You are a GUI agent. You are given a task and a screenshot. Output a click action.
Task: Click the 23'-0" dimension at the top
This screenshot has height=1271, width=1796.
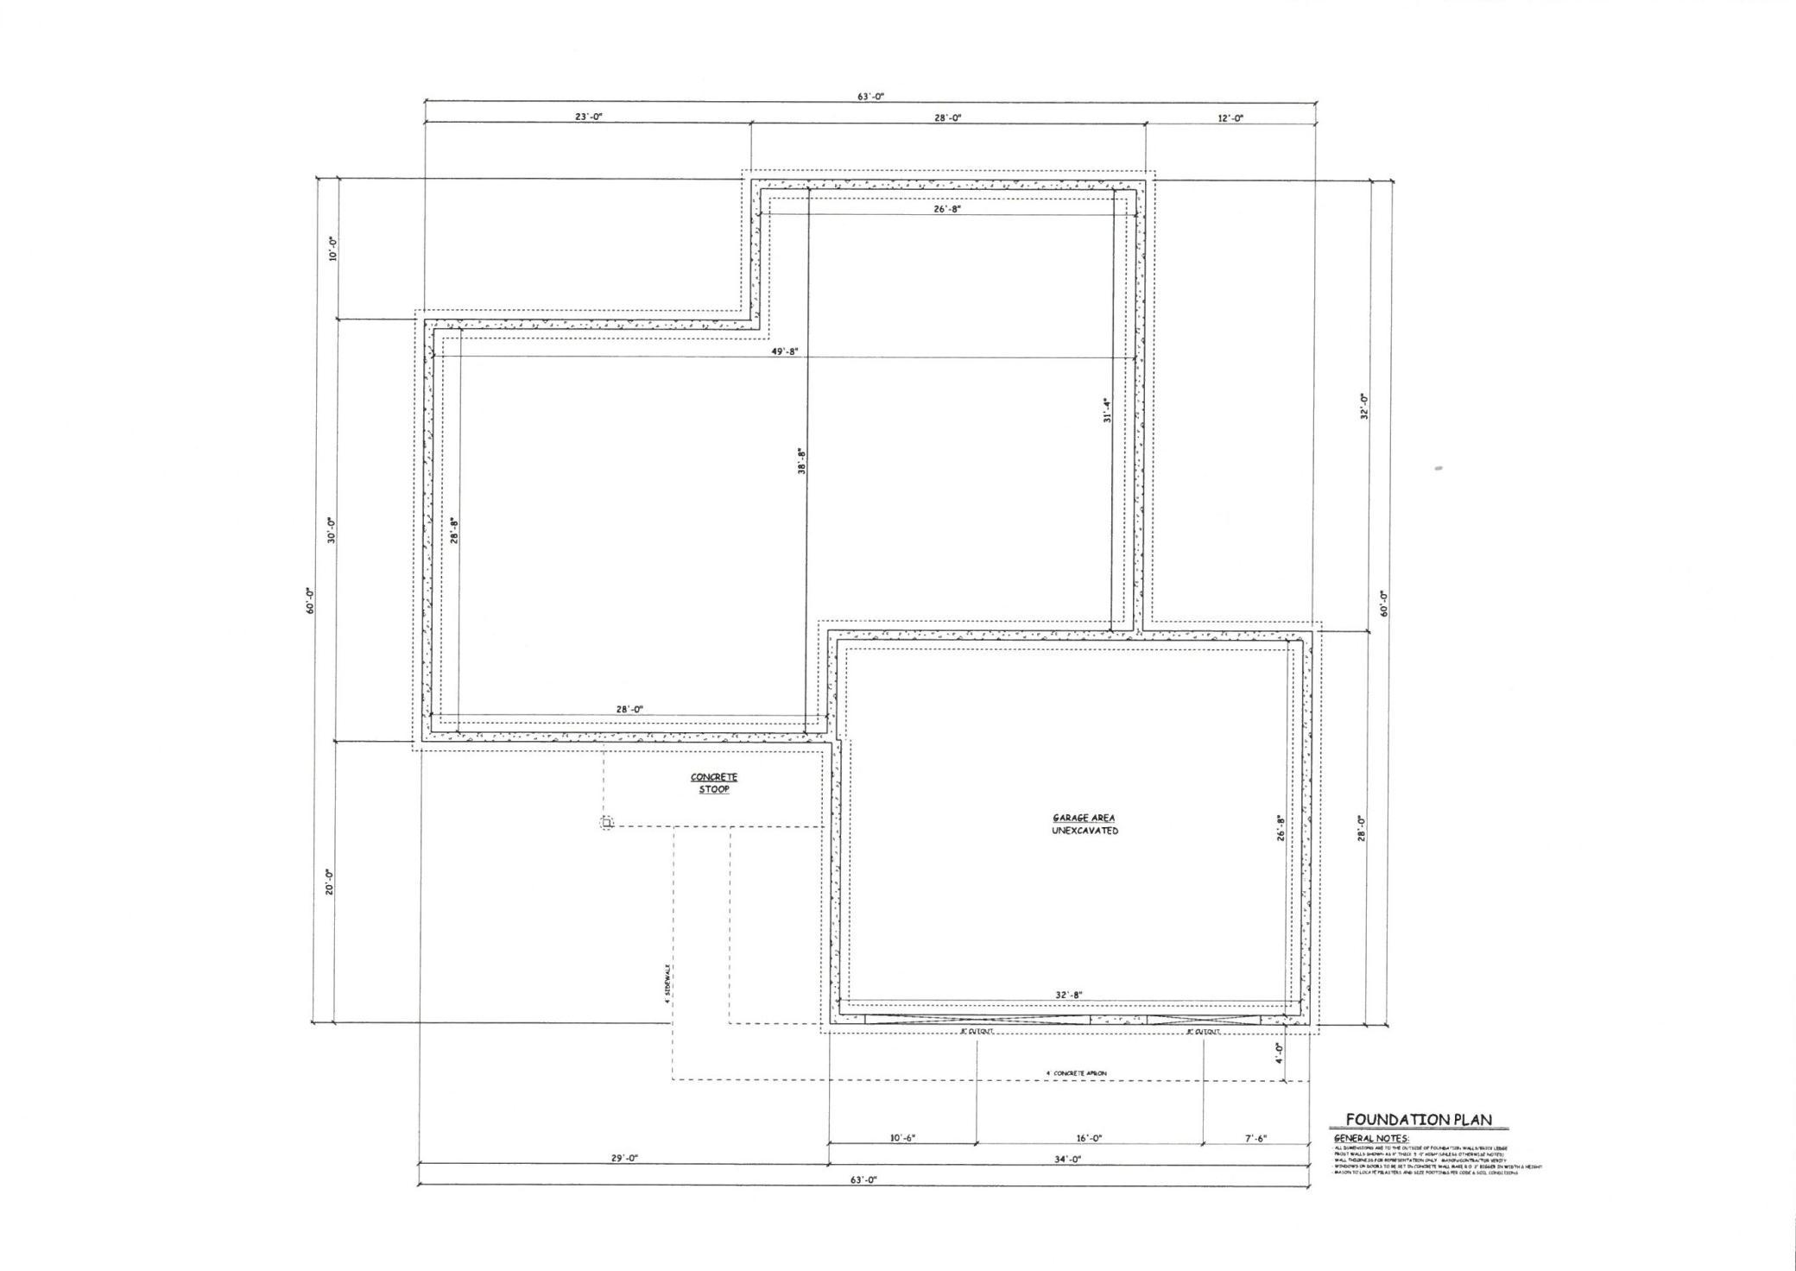[589, 117]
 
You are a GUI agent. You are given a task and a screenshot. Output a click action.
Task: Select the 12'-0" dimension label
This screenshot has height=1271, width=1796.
[1230, 118]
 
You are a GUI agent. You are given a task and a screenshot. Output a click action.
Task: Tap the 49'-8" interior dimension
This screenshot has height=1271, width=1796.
[785, 351]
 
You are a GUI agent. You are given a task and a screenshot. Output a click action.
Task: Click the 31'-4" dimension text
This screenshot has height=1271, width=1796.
[1106, 409]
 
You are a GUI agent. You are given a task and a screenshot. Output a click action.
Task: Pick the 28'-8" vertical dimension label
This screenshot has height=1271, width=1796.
[453, 529]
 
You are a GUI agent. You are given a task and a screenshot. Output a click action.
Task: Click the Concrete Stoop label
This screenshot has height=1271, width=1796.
[714, 783]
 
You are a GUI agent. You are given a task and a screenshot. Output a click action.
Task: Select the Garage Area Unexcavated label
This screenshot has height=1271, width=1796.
[1084, 825]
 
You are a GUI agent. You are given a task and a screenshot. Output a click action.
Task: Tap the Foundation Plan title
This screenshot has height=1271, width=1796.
[1419, 1120]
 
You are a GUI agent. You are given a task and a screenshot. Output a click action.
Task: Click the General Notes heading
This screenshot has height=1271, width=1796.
[1371, 1139]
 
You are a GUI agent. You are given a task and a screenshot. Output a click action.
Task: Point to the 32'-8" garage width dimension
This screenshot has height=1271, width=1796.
[1068, 995]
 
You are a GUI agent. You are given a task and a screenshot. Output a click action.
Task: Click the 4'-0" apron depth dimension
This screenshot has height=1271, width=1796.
[1279, 1052]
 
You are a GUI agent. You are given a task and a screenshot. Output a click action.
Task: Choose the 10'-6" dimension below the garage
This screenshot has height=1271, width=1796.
[902, 1138]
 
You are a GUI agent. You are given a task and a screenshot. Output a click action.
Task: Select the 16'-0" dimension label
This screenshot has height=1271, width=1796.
[1088, 1138]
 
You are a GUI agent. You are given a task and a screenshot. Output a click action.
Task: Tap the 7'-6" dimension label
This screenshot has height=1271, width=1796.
[1255, 1138]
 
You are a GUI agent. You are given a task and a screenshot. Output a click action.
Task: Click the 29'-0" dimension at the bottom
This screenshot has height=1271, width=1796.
[624, 1159]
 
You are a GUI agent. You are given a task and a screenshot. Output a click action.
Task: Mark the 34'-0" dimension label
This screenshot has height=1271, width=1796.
[1068, 1160]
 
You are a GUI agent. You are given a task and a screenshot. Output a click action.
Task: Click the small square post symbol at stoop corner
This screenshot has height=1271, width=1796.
[607, 823]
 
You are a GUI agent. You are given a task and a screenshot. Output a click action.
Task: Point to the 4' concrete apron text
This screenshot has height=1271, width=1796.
[1076, 1073]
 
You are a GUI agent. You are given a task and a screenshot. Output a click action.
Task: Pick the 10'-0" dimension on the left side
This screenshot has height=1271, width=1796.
[332, 249]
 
